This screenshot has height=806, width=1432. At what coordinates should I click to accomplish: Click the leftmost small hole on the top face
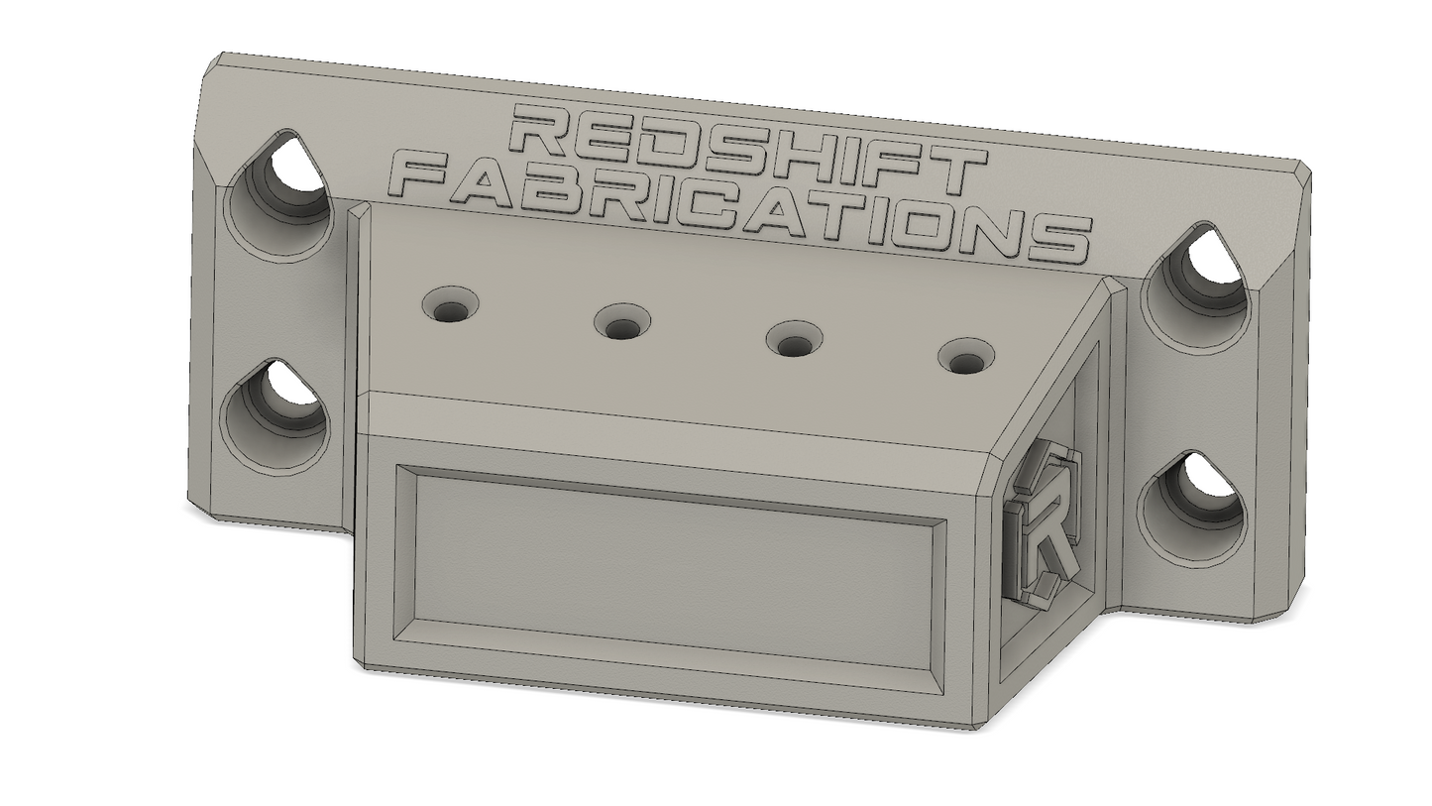451,305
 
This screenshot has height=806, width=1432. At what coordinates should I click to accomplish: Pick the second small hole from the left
622,323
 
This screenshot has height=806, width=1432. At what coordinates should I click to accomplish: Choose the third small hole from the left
794,340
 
